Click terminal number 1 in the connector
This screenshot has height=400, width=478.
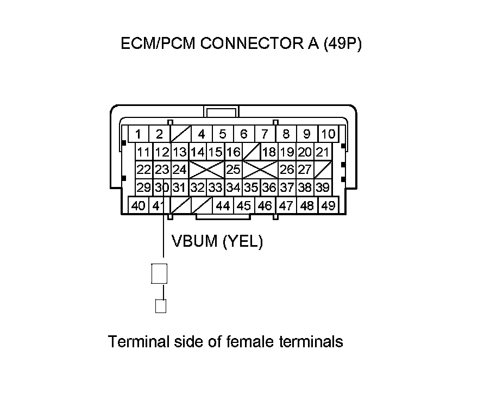coord(139,134)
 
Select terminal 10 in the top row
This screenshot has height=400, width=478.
coord(328,134)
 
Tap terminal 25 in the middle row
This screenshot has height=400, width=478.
coord(234,170)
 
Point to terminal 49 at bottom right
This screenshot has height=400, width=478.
coord(328,206)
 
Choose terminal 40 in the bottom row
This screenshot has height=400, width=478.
coord(139,206)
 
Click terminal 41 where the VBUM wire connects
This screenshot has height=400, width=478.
coord(158,206)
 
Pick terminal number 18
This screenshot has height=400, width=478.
coord(269,152)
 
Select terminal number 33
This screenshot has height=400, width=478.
coord(215,188)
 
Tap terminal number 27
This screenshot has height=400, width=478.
coord(305,170)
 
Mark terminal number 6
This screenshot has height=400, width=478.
coord(244,134)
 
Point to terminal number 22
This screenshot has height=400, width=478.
coord(143,170)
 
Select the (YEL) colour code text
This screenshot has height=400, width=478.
coord(243,242)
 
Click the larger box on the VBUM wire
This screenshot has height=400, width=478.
coord(159,273)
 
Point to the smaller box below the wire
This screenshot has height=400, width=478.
coord(160,307)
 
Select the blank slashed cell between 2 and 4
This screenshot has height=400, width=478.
coord(180,134)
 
